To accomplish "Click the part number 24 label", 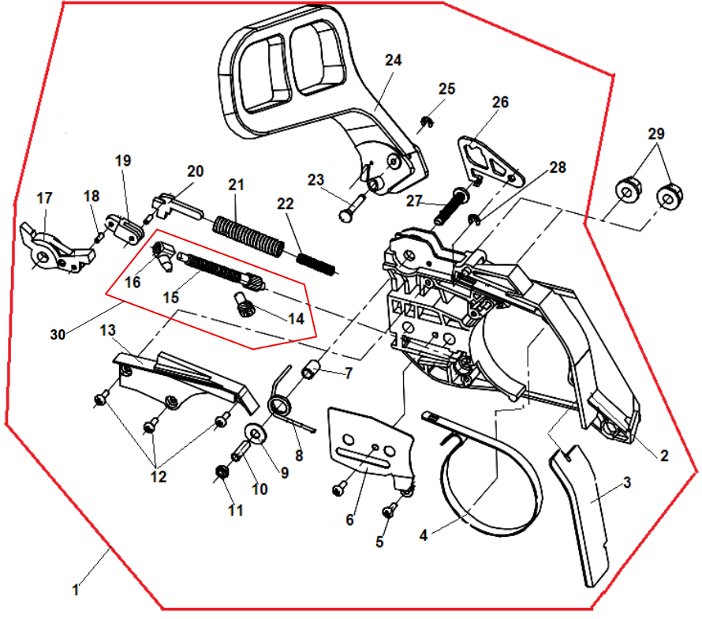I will pyautogui.click(x=393, y=61).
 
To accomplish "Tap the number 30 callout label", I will pyautogui.click(x=58, y=334).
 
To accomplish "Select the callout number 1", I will pyautogui.click(x=75, y=589).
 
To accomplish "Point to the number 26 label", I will pyautogui.click(x=500, y=103).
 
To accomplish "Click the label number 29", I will pyautogui.click(x=656, y=134).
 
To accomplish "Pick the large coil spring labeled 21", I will pyautogui.click(x=248, y=234).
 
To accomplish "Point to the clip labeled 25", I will pyautogui.click(x=427, y=122).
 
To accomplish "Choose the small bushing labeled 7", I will pyautogui.click(x=312, y=368).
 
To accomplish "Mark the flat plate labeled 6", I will pyautogui.click(x=370, y=442).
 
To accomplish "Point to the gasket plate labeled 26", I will pyautogui.click(x=489, y=162).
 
